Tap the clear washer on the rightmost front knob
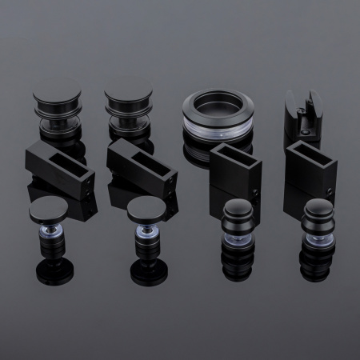point(318,238)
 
